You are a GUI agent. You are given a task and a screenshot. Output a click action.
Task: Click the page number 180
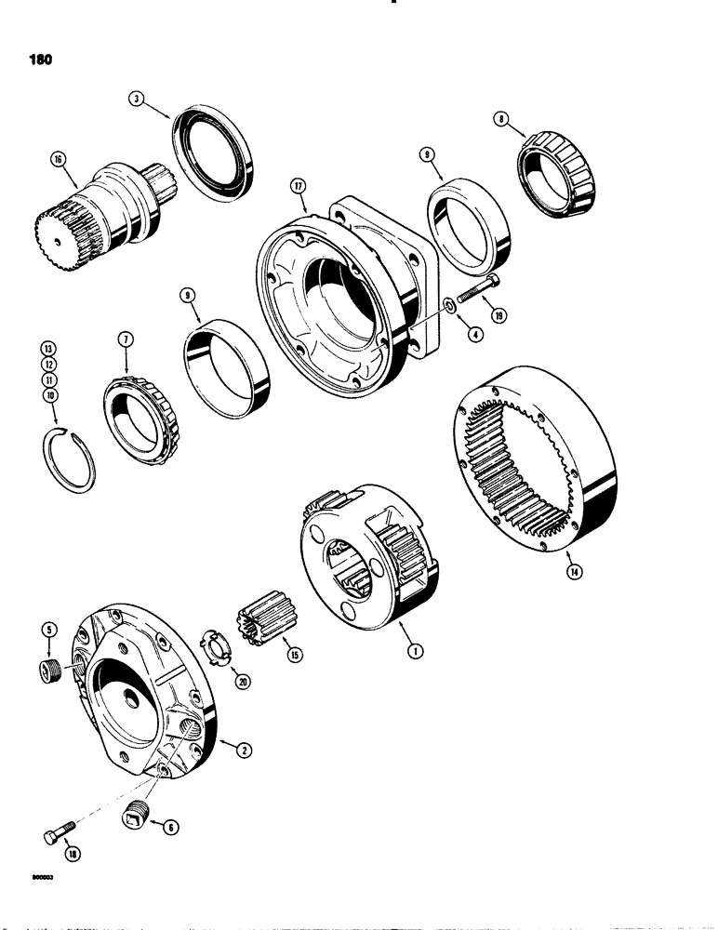[x=39, y=59]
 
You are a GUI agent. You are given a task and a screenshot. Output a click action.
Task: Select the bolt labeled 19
[x=479, y=295]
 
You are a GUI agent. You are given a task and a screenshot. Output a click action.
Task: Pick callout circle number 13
[x=47, y=348]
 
